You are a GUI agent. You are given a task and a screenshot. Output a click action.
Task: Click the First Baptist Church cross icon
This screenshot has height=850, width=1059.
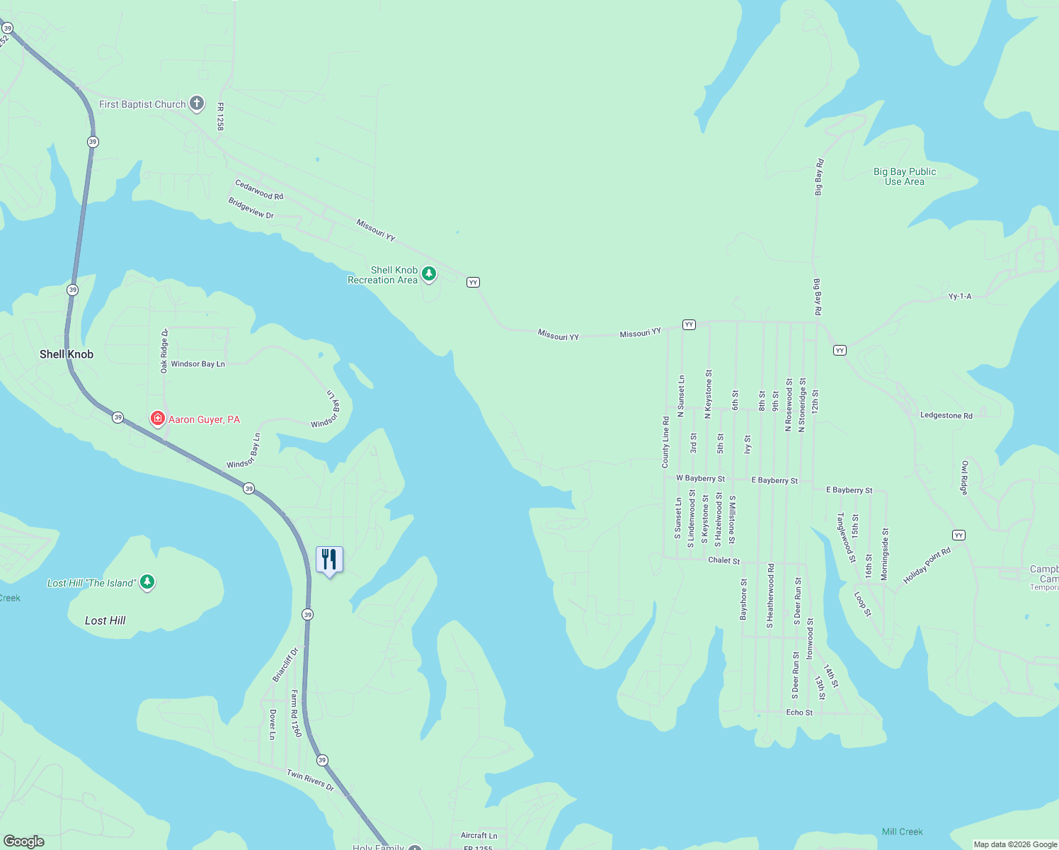[x=197, y=104]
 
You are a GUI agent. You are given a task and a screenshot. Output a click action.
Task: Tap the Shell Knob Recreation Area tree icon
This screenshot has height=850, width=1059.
[x=428, y=273]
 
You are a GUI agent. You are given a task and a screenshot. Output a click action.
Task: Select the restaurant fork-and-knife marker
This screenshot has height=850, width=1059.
[x=329, y=560]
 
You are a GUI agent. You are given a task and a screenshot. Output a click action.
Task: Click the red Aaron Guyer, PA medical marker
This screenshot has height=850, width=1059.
[x=158, y=419]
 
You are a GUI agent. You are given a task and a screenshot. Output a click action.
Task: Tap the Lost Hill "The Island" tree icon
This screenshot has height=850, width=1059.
[x=147, y=582]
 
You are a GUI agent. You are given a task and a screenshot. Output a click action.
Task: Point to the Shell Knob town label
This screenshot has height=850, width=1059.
[x=67, y=354]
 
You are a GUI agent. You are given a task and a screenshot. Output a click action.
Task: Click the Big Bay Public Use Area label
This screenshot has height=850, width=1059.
[x=904, y=176]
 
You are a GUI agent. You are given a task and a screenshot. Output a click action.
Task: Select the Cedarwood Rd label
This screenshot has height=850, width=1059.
[x=259, y=190]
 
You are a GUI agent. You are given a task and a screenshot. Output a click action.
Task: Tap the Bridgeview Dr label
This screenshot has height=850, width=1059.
[x=251, y=208]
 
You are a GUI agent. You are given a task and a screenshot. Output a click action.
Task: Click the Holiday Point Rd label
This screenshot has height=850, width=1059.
[x=927, y=566]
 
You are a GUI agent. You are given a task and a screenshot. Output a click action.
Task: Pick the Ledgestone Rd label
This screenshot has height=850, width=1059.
[x=946, y=416]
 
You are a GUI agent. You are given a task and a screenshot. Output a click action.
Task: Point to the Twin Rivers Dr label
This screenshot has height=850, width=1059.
[x=310, y=780]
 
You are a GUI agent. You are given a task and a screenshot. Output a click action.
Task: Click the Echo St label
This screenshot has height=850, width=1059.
[x=799, y=713]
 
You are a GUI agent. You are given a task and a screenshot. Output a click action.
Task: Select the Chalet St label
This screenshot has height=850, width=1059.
[x=723, y=560]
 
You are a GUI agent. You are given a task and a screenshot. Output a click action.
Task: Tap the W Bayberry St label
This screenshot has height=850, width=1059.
[x=700, y=479]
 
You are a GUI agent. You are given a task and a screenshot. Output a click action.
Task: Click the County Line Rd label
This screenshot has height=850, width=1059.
[x=665, y=442]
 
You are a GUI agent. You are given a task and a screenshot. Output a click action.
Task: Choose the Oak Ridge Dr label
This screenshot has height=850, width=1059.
[x=164, y=351]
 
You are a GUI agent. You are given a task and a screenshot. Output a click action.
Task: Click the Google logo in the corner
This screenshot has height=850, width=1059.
[x=24, y=841]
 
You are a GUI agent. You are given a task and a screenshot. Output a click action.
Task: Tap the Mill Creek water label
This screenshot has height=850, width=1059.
[x=902, y=832]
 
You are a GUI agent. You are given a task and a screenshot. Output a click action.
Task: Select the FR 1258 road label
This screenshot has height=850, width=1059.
[x=221, y=117]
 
